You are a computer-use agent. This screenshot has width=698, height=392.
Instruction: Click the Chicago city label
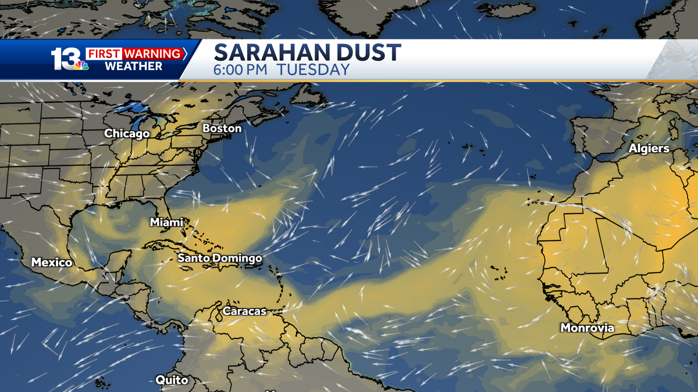pyautogui.click(x=127, y=134)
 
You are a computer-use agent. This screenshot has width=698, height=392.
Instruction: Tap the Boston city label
pyautogui.click(x=222, y=128)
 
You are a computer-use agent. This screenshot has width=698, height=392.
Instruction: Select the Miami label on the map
pyautogui.click(x=166, y=222)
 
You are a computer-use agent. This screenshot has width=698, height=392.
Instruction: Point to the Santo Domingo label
pyautogui.click(x=219, y=258)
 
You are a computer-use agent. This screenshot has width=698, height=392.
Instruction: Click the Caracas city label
pyautogui.click(x=244, y=311)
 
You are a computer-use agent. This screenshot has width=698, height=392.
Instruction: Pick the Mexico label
pyautogui.click(x=52, y=262)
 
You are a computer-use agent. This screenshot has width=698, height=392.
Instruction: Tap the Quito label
pyautogui.click(x=172, y=380)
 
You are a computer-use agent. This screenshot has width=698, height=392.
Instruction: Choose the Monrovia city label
pyautogui.click(x=587, y=328)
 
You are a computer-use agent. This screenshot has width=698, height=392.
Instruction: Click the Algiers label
pyautogui.click(x=649, y=149)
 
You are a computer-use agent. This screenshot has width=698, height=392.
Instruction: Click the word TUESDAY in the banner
pyautogui.click(x=313, y=70)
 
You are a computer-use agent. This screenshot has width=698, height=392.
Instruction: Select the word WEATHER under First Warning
pyautogui.click(x=133, y=66)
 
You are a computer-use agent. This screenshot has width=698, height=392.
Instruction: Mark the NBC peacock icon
pyautogui.click(x=80, y=65)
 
